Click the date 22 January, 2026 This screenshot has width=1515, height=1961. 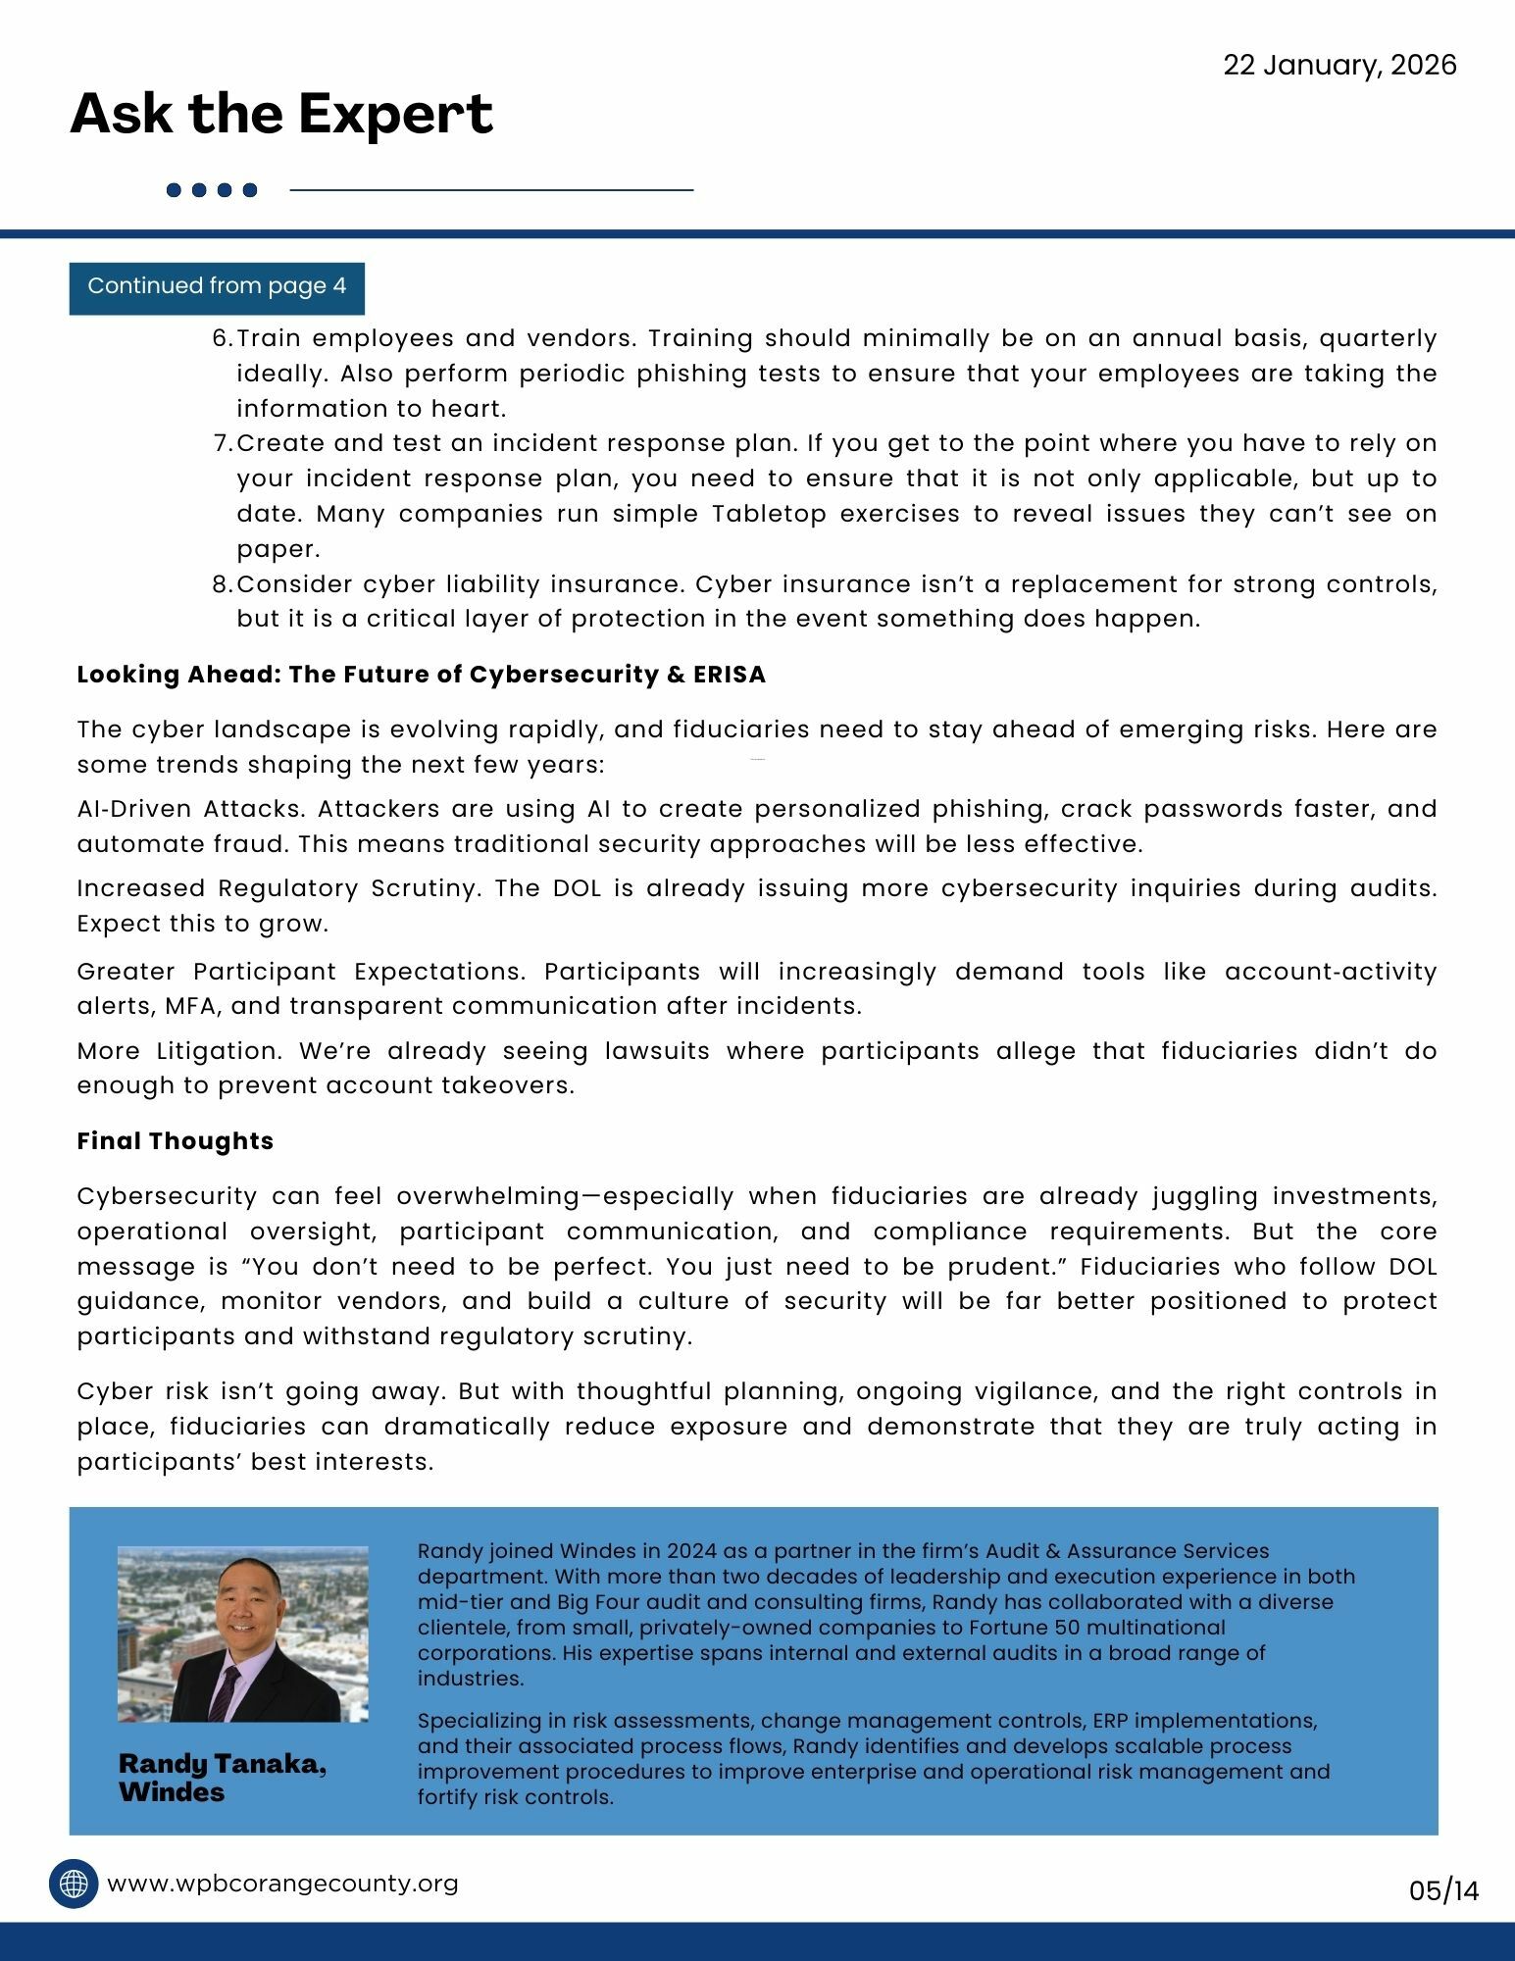coord(1339,66)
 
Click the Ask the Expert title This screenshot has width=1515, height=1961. coord(281,114)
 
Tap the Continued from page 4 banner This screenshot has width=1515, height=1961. coord(217,287)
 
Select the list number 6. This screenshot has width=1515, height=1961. coord(221,338)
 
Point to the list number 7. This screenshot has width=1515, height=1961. coord(221,443)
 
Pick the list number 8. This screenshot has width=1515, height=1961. coord(221,584)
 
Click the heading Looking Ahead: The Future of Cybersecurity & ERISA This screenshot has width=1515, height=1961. coord(422,675)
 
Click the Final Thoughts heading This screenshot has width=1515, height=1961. coord(176,1141)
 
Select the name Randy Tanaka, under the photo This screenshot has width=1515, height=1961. coord(223,1764)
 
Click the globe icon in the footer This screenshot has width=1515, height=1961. coord(74,1884)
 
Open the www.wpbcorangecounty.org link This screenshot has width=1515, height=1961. coord(282,1884)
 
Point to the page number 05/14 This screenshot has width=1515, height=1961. coord(1443,1889)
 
